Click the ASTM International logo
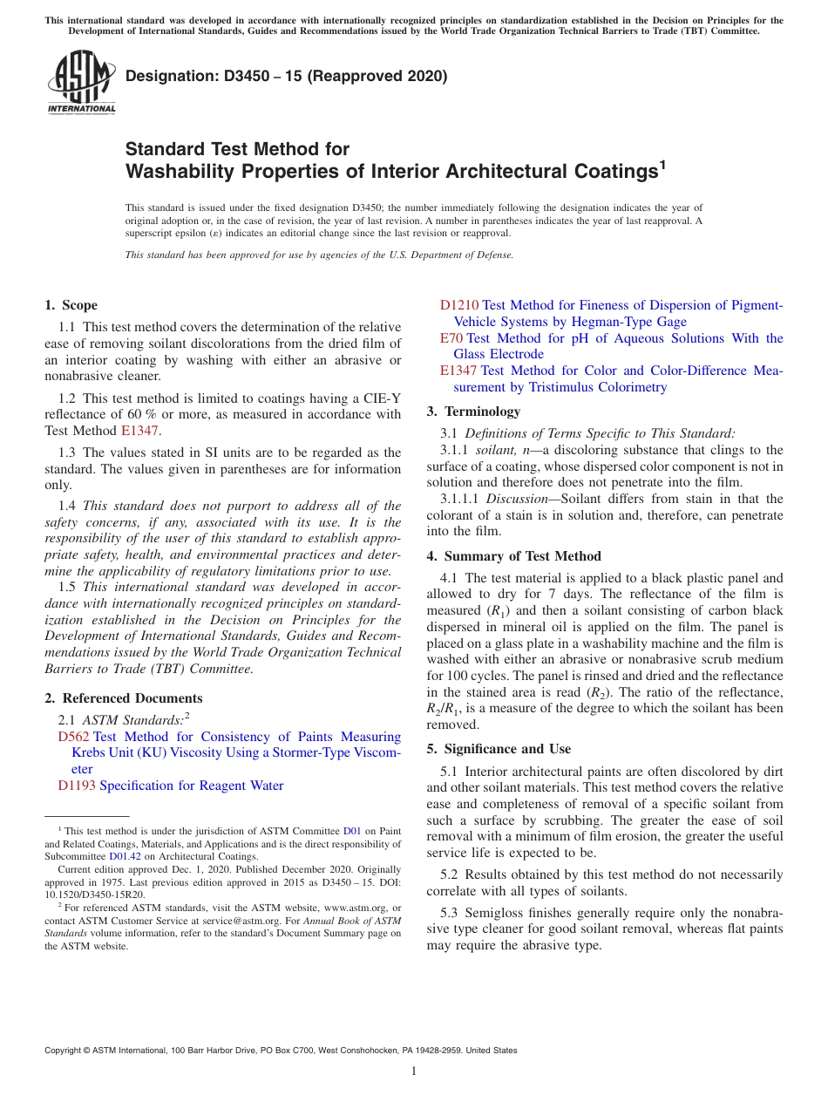pos(80,82)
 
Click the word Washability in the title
pos(180,172)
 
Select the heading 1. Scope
pos(71,305)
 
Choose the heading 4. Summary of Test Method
pos(513,556)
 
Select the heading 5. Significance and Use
pos(499,749)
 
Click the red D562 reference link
pos(73,738)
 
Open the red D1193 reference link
pos(77,786)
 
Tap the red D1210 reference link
pos(458,305)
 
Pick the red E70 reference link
pos(451,338)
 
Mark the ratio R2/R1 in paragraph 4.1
pos(444,709)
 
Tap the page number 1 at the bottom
pos(414,1071)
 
